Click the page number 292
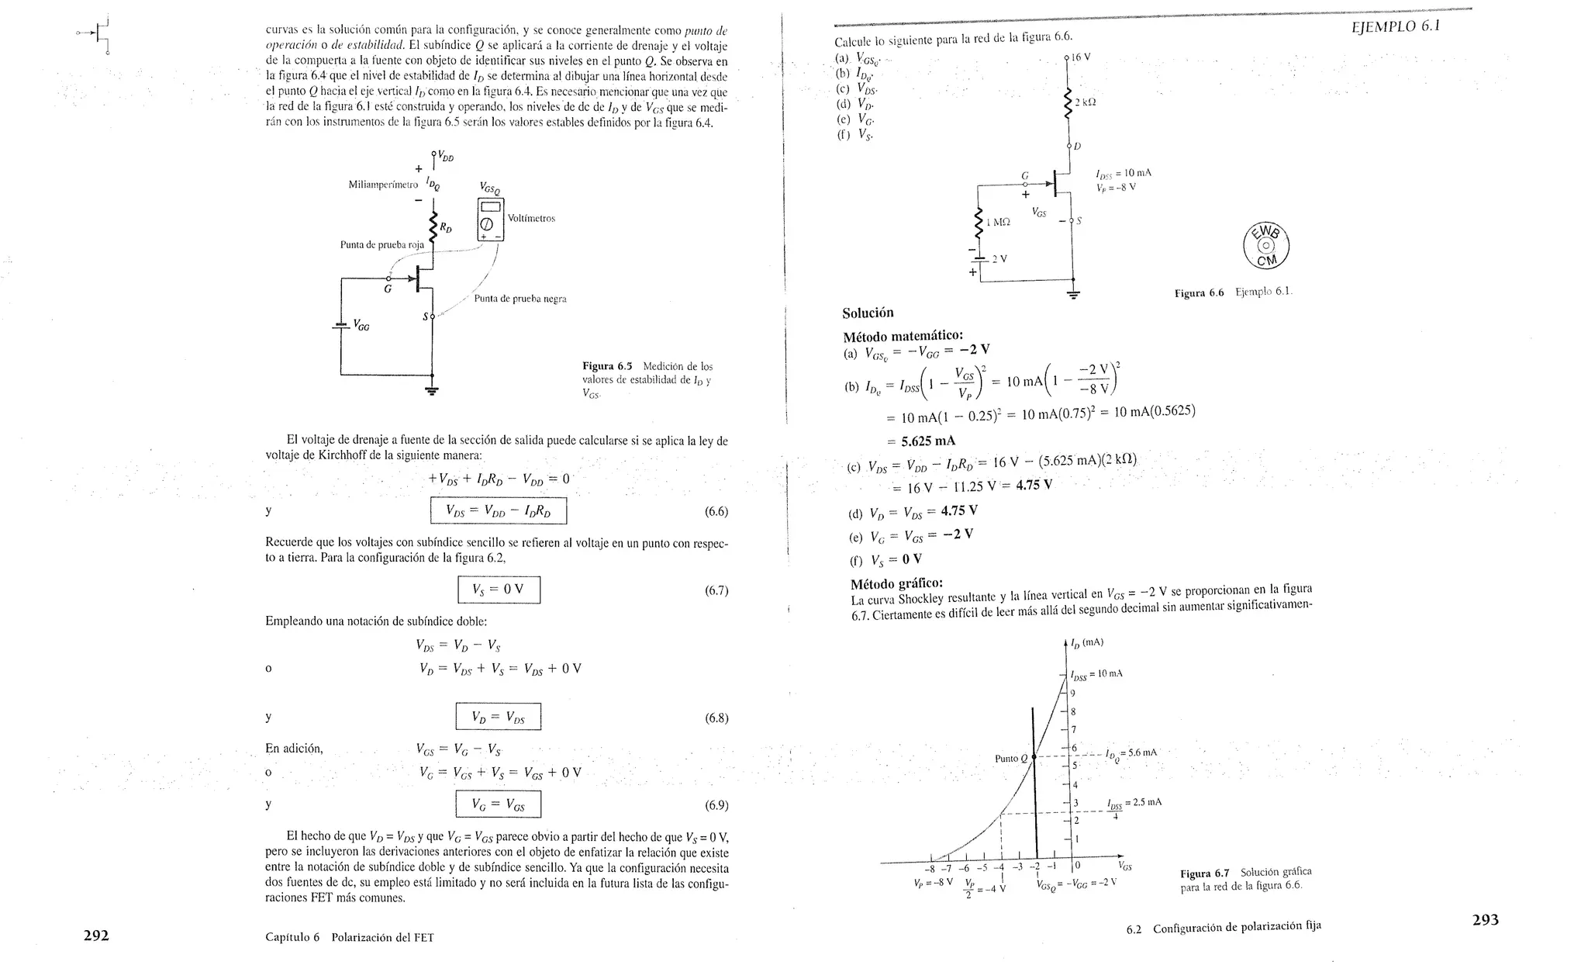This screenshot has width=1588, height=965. pyautogui.click(x=96, y=936)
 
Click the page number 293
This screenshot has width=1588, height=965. pyautogui.click(x=1485, y=920)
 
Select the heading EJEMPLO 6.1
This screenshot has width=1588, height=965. pyautogui.click(x=1394, y=26)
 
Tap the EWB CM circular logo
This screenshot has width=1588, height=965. pyautogui.click(x=1266, y=247)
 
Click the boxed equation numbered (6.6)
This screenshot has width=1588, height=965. pyautogui.click(x=499, y=510)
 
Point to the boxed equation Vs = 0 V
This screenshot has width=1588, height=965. pyautogui.click(x=499, y=590)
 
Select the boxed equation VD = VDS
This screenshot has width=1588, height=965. pyautogui.click(x=498, y=717)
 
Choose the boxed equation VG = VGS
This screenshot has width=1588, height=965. pyautogui.click(x=498, y=804)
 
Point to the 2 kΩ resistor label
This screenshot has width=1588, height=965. pyautogui.click(x=1086, y=102)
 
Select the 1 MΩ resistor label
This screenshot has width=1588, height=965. pyautogui.click(x=999, y=222)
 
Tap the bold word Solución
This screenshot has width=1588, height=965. pyautogui.click(x=868, y=313)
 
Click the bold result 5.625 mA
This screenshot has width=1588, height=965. pyautogui.click(x=928, y=441)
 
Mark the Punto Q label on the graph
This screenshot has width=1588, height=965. pyautogui.click(x=1010, y=758)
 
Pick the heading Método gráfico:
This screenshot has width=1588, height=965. pyautogui.click(x=896, y=584)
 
